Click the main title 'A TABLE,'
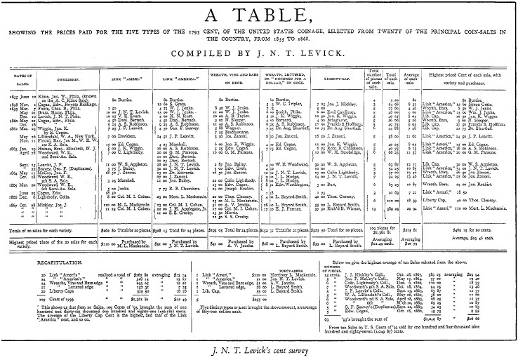pyautogui.click(x=258, y=15)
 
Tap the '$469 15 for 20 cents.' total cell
pyautogui.click(x=460, y=211)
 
